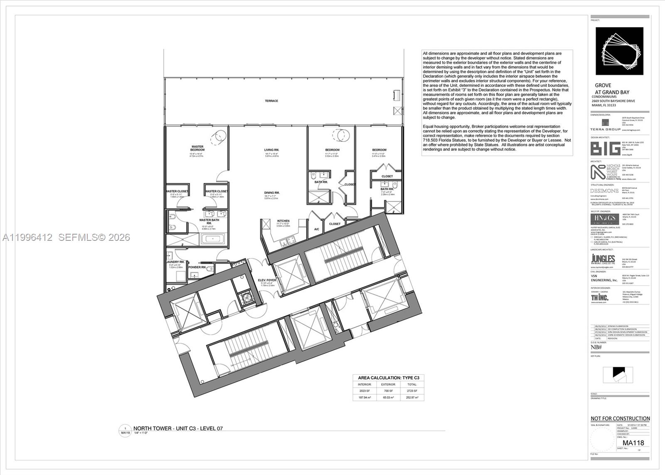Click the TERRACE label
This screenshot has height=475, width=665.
tap(271, 101)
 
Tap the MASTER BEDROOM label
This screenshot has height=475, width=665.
tap(197, 148)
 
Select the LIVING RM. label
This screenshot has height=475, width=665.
tap(271, 150)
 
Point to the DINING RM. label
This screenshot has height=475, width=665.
tap(271, 193)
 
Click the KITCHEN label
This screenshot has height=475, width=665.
tap(283, 221)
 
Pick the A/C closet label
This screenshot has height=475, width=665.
tap(316, 229)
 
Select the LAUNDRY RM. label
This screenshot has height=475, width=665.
tap(176, 262)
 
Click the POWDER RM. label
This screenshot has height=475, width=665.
tap(197, 267)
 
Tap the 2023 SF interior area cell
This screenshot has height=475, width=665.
tap(365, 391)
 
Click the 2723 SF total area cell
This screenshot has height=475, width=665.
tap(412, 391)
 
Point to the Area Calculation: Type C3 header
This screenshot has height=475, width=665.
tap(389, 378)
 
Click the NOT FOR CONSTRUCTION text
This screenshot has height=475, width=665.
tap(620, 418)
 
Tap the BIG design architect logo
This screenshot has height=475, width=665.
tap(605, 148)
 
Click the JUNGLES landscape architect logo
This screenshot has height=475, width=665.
tap(603, 260)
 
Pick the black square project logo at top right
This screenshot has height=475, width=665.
tap(619, 51)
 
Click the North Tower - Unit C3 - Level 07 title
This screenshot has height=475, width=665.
tap(178, 428)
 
